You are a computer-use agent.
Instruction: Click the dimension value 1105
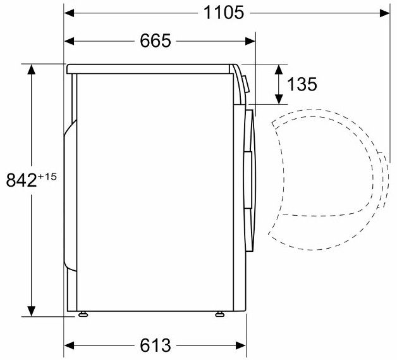[224, 13]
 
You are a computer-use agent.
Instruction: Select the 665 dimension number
[156, 40]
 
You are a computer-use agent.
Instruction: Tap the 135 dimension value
[302, 84]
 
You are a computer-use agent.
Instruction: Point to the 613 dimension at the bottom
[156, 345]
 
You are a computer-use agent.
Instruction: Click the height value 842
[21, 180]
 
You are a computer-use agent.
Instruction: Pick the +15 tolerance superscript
[47, 177]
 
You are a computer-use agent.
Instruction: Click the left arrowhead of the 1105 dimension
[69, 13]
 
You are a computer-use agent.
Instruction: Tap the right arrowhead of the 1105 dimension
[385, 13]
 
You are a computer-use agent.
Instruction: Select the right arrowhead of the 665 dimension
[250, 41]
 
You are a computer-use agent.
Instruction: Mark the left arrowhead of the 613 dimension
[69, 345]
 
